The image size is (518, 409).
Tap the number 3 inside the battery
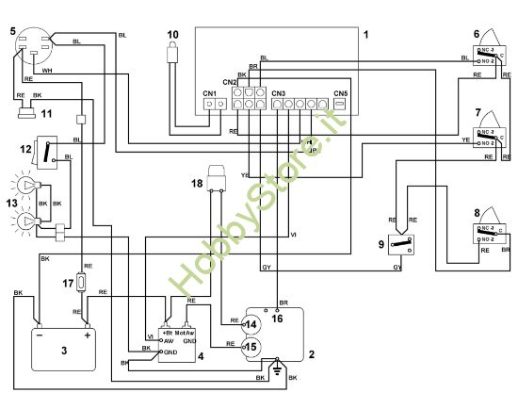64,351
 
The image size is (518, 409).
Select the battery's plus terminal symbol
88,334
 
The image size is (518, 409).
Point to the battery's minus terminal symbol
40,334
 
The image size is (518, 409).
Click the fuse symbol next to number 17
83,281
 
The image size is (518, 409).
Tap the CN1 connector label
209,93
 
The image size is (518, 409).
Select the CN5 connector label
341,93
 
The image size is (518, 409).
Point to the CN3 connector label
278,93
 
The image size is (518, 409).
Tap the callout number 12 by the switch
26,149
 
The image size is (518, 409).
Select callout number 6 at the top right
477,34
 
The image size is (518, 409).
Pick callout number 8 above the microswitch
477,214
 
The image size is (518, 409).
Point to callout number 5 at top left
13,32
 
